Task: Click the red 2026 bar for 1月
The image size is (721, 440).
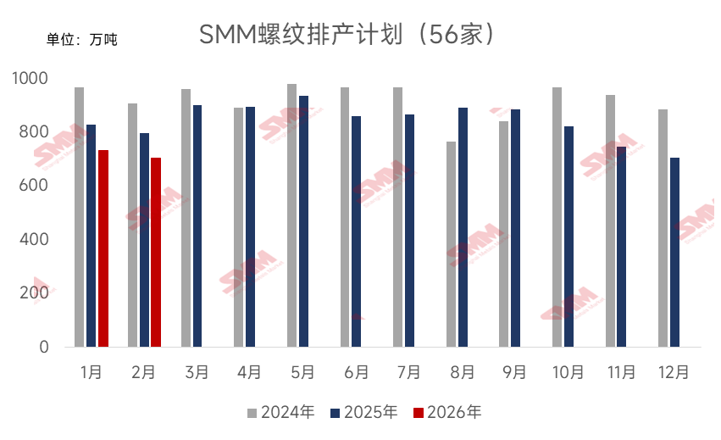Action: [103, 248]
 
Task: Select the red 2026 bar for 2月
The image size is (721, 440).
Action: [156, 252]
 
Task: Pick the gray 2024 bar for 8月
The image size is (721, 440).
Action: [451, 244]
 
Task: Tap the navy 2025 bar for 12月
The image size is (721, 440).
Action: [674, 252]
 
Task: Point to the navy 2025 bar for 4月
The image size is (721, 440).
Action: [250, 226]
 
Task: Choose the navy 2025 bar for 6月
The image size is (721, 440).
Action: [356, 231]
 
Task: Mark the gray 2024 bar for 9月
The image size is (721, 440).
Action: [504, 234]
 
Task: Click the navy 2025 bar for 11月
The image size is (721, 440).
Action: [622, 247]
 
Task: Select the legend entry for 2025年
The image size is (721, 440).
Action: [364, 413]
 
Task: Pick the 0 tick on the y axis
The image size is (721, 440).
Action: [45, 348]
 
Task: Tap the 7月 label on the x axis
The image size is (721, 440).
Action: [409, 371]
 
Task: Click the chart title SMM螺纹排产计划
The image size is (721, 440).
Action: [347, 36]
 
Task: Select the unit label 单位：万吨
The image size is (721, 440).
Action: [81, 39]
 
